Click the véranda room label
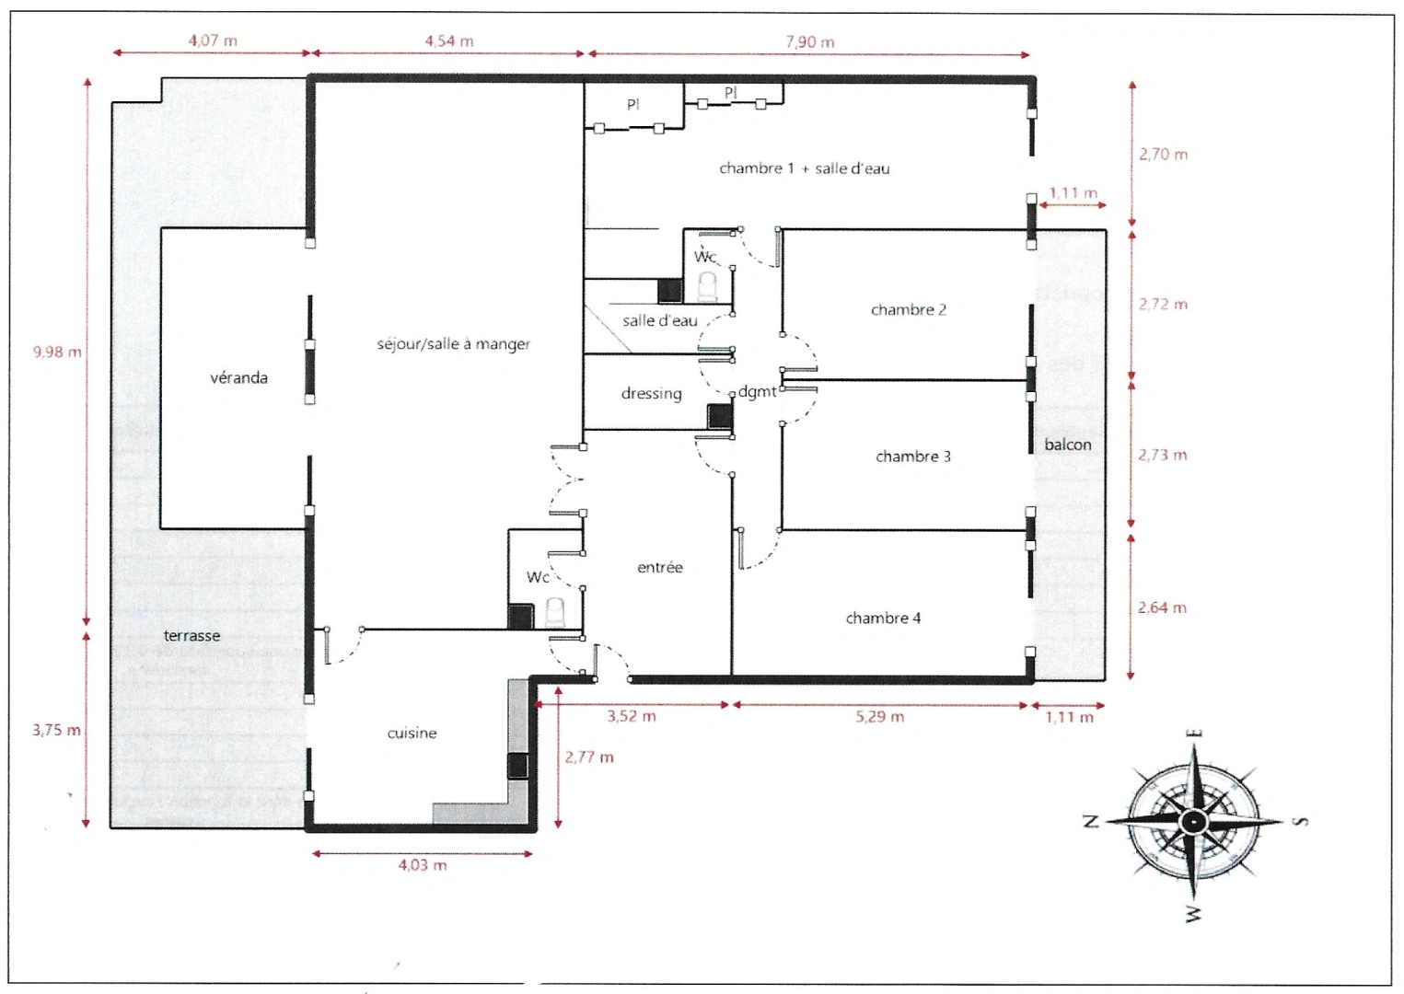pos(238,378)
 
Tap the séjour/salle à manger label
pos(453,344)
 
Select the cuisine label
pos(412,734)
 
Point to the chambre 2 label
pos(908,309)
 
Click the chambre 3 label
pos(912,457)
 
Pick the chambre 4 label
pos(883,618)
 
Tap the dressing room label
pos(651,394)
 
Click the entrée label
pos(659,568)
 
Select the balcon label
pos(1067,445)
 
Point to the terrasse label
pos(191,635)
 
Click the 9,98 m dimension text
pos(57,353)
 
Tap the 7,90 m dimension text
pos(810,42)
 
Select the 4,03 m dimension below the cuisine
pos(423,865)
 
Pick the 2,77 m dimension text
pos(588,757)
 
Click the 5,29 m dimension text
pos(880,716)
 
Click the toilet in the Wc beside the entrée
pos(555,612)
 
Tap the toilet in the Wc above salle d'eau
pos(708,286)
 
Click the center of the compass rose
pos(1193,821)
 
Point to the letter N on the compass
pos(1091,821)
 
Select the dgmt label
pos(757,392)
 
